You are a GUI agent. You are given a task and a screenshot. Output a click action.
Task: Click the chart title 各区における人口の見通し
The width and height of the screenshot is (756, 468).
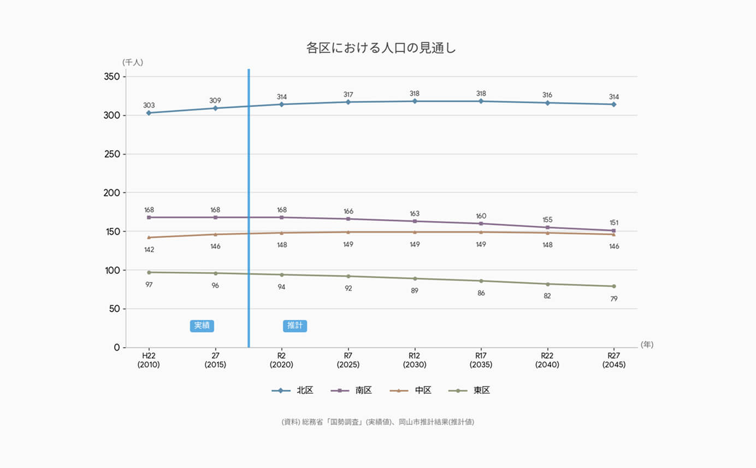click(x=381, y=48)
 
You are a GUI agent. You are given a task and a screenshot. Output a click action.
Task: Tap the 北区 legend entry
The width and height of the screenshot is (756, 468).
click(x=293, y=390)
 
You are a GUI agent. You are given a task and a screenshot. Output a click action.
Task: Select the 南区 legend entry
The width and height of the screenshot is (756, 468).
click(x=352, y=390)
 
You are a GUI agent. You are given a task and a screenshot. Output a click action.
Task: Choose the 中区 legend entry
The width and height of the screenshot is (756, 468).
click(x=411, y=390)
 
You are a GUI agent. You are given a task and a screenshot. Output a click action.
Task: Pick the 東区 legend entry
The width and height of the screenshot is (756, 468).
click(x=469, y=390)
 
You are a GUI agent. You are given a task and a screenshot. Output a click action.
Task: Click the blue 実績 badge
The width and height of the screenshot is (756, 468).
click(x=202, y=326)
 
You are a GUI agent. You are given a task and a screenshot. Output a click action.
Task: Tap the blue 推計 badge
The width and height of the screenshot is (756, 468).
click(x=295, y=326)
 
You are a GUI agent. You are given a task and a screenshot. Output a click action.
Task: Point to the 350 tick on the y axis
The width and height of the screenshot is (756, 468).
click(x=111, y=77)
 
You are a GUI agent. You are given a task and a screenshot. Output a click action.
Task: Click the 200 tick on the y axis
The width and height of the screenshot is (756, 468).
click(x=111, y=192)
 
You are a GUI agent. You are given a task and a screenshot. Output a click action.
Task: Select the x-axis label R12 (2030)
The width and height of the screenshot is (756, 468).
click(x=415, y=360)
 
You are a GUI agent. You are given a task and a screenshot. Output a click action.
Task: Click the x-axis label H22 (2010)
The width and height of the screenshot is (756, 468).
click(x=149, y=360)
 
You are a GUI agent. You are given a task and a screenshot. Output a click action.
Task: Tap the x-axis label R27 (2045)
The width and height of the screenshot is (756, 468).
click(x=613, y=360)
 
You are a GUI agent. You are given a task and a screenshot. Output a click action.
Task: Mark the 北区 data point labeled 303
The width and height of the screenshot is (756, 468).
click(x=149, y=113)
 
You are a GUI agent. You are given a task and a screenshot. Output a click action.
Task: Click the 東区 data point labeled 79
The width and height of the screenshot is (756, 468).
click(x=613, y=286)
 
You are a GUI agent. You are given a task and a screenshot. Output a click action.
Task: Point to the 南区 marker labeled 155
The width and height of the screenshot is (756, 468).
click(x=547, y=227)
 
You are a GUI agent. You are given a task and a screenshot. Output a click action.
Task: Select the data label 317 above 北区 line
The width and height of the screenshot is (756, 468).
click(x=348, y=95)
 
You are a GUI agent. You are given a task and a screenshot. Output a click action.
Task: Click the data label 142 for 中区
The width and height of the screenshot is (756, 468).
click(x=149, y=250)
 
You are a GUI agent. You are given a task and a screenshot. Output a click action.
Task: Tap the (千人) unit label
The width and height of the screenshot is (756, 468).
click(x=133, y=62)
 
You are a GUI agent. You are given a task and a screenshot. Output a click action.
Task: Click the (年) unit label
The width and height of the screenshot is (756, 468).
click(x=647, y=344)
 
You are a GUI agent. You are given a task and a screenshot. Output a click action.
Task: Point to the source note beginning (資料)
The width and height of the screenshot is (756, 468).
click(x=377, y=422)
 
